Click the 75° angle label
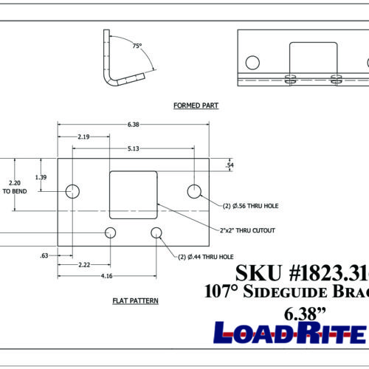click(137, 46)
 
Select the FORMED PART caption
click(196, 106)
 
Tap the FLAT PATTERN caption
click(135, 301)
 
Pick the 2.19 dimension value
click(83, 137)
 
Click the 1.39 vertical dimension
click(42, 178)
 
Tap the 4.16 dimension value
click(108, 276)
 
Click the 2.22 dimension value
click(84, 264)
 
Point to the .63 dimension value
click(44, 256)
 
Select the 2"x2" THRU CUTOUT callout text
click(249, 231)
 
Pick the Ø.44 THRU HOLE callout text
click(204, 256)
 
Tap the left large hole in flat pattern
click(72, 192)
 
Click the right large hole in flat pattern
click(194, 192)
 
